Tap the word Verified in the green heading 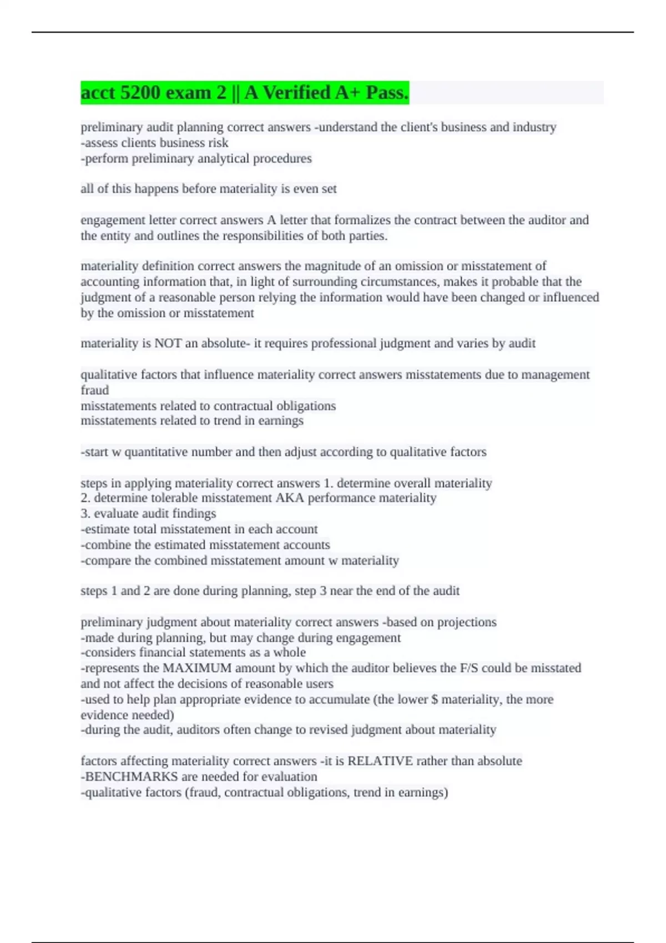point(296,93)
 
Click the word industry point(534,127)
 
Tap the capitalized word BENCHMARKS point(131,777)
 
